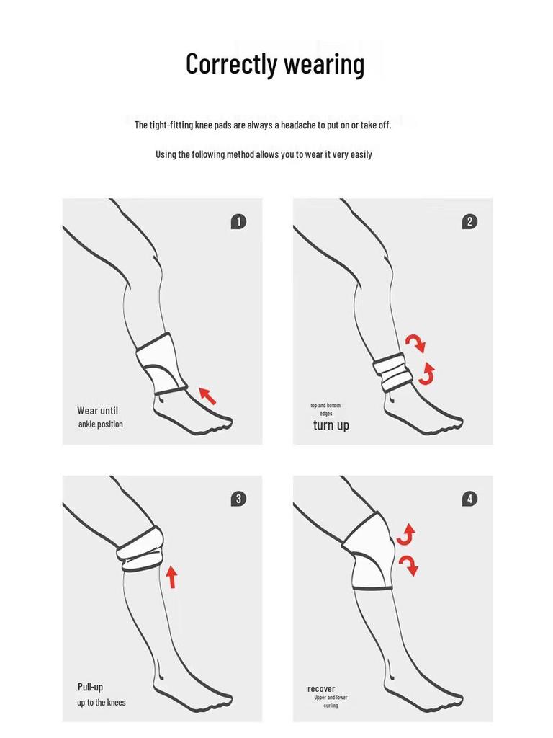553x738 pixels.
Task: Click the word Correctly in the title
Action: (231, 64)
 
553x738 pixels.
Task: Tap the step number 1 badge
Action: (238, 222)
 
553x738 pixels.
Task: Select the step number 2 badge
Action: (469, 222)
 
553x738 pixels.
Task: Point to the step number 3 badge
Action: (238, 499)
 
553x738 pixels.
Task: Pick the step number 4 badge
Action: (469, 499)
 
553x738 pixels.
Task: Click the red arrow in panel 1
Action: (207, 396)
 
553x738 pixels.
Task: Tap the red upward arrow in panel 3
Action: (171, 577)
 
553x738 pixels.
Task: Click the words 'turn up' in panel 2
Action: (331, 425)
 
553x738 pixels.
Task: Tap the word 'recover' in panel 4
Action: (321, 688)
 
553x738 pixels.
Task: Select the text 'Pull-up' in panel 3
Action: (90, 687)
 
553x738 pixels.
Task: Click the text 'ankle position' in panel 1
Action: (101, 424)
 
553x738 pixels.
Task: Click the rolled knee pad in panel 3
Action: (140, 548)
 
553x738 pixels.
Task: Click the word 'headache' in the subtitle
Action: (298, 125)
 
